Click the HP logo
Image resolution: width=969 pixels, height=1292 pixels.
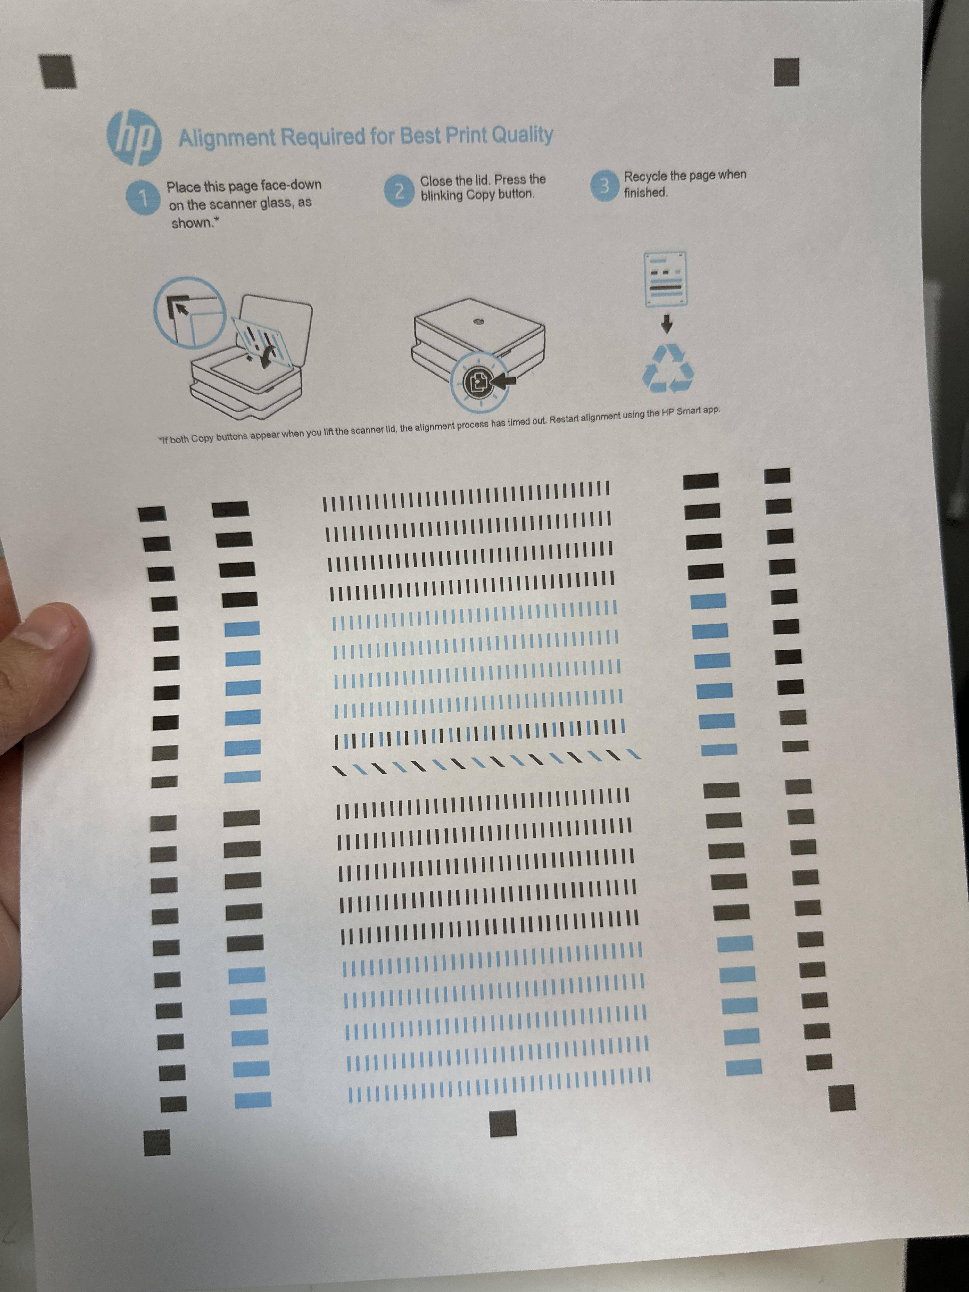point(134,139)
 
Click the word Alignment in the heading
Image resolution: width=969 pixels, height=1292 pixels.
point(227,138)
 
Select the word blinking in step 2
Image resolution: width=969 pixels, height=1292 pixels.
point(442,196)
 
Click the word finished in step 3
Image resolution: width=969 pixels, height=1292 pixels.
point(645,193)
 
